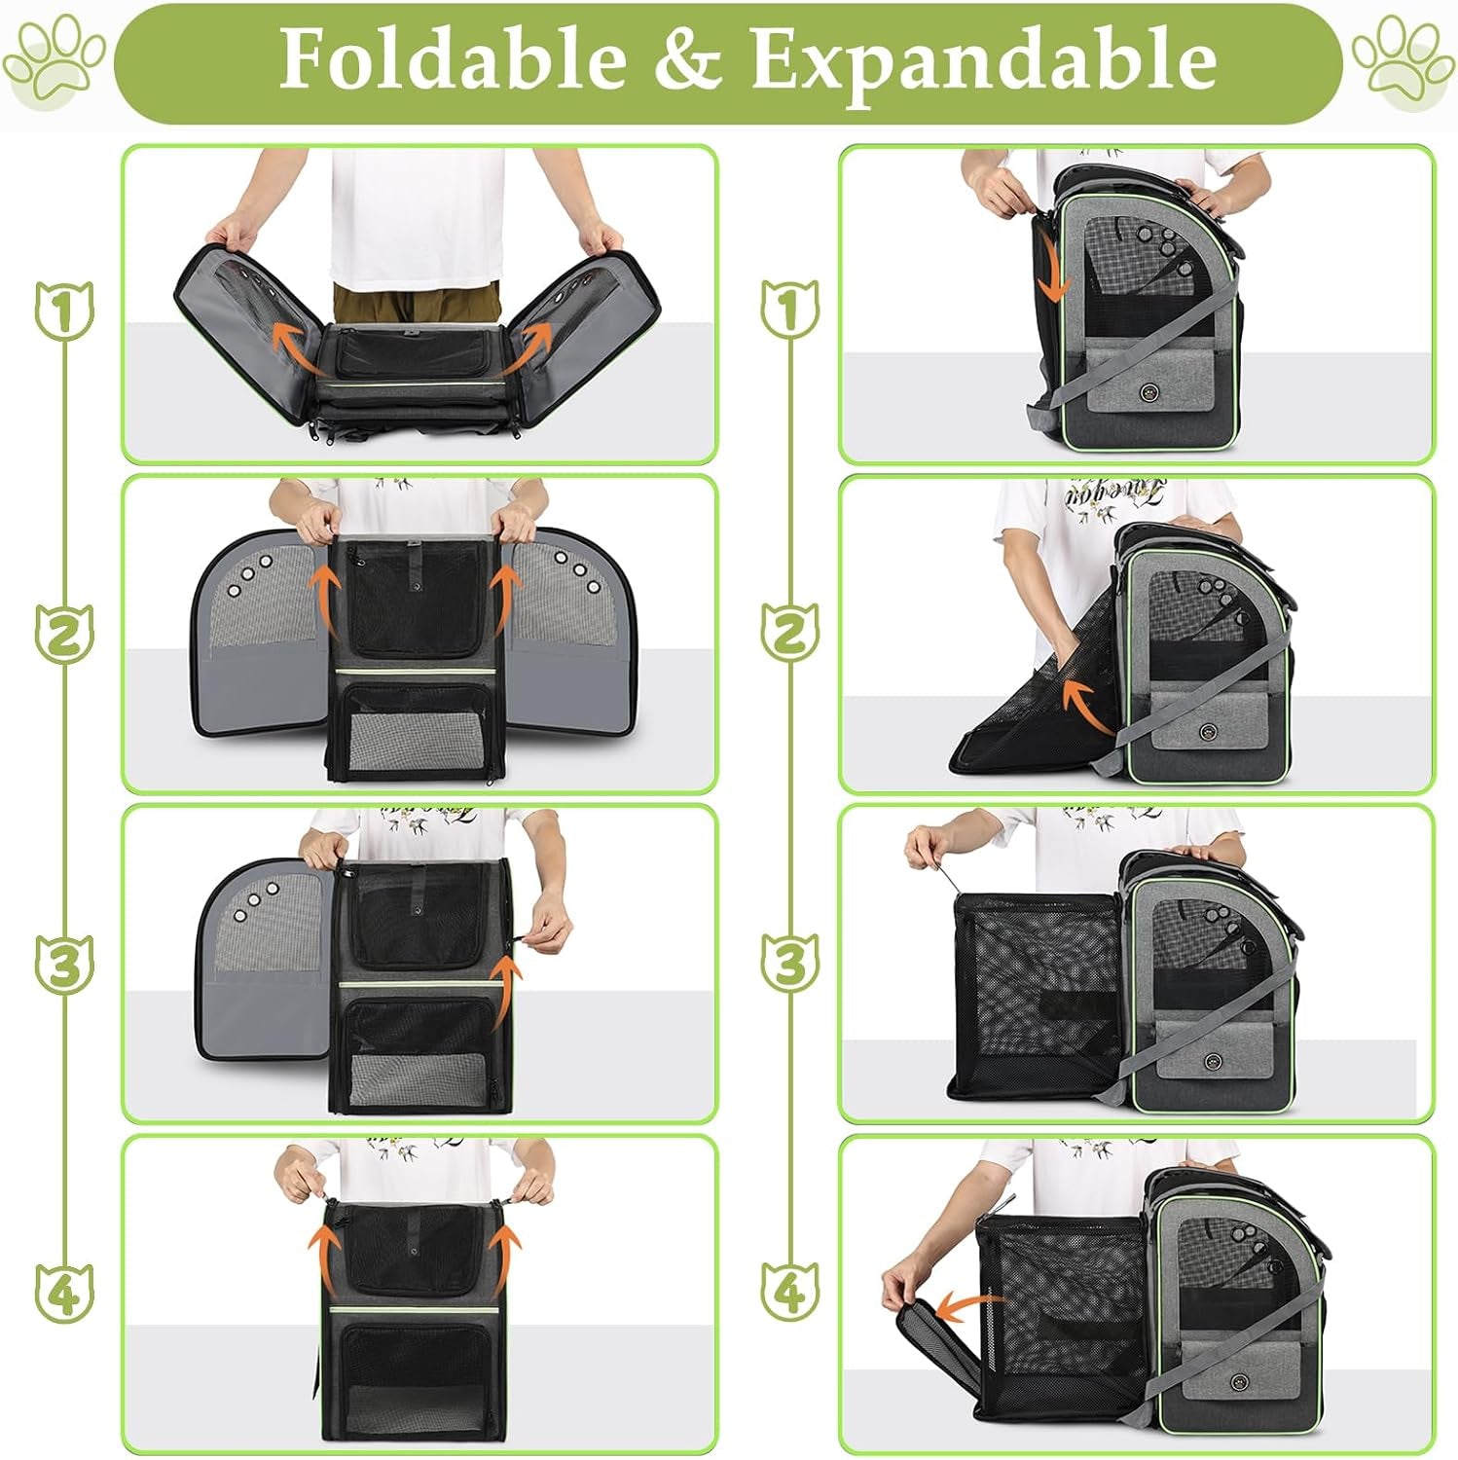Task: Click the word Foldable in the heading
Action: (453, 59)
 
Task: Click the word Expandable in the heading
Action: (983, 61)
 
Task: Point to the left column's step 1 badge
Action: (64, 310)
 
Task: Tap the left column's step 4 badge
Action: (64, 1293)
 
